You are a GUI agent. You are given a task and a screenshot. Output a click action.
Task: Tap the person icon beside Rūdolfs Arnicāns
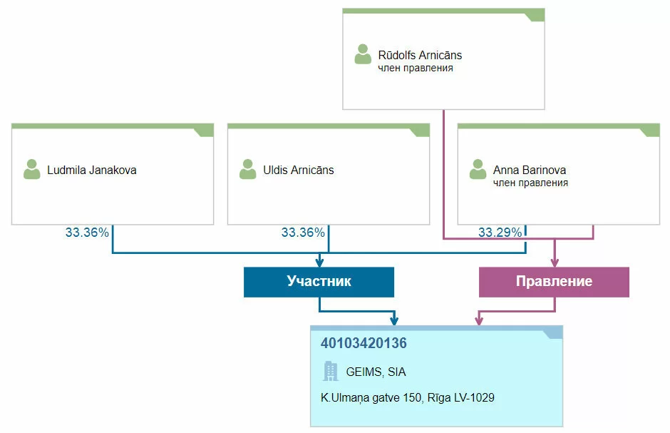[x=364, y=55]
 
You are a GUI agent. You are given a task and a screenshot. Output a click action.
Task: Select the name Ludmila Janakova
[x=91, y=170]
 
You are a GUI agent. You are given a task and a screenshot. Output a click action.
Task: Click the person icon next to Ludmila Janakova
[x=32, y=170]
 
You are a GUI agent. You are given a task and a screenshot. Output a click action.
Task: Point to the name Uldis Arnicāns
[x=299, y=170]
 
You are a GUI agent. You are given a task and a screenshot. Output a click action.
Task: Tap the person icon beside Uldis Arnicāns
[x=248, y=170]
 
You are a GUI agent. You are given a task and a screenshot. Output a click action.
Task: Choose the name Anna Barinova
[x=530, y=170]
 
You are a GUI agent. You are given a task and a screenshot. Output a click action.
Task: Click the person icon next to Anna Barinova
[x=478, y=170]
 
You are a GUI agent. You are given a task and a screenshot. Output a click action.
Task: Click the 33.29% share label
[x=499, y=233]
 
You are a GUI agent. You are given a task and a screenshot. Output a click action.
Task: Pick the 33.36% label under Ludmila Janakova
[x=87, y=233]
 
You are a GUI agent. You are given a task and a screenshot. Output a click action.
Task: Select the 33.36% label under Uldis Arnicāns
[x=303, y=233]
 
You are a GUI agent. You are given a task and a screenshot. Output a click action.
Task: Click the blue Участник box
[x=319, y=281]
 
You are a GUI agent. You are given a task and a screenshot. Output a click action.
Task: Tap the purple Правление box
[x=554, y=281]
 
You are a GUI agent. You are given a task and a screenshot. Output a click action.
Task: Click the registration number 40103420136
[x=364, y=343]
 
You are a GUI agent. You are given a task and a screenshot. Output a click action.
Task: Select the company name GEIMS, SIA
[x=376, y=372]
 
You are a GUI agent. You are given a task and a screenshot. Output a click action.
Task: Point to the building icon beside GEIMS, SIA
[x=331, y=371]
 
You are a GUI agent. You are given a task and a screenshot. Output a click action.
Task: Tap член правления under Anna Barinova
[x=530, y=183]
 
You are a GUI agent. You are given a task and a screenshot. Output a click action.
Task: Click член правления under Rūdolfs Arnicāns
[x=416, y=68]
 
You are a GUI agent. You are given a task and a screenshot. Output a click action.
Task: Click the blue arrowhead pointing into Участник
[x=319, y=263]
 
